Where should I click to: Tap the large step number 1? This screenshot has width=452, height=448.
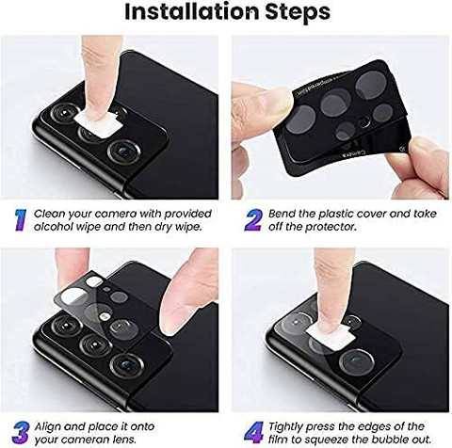18,219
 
